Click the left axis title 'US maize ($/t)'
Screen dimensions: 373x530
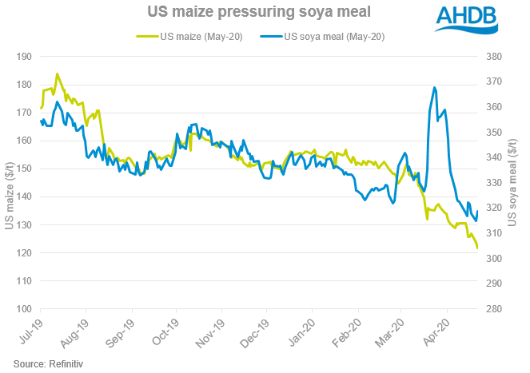click(x=9, y=183)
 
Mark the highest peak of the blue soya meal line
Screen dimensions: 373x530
click(x=434, y=88)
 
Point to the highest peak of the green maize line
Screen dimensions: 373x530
click(x=57, y=74)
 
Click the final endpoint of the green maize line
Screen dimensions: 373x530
click(x=478, y=248)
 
